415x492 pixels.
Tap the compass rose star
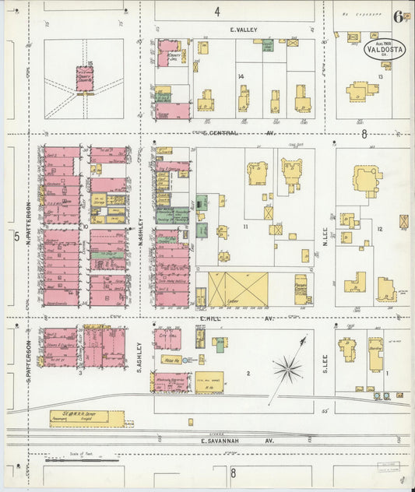pos(289,367)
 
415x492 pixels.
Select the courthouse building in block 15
pos(84,78)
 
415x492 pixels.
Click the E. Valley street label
pos(243,30)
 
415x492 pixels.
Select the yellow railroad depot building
pos(86,419)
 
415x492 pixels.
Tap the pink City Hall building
pos(167,339)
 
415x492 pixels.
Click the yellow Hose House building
pos(172,360)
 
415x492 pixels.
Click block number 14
pos(241,76)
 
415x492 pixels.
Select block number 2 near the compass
pos(248,374)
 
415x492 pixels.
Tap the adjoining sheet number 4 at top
pos(218,11)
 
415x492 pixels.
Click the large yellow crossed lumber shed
pos(237,288)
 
